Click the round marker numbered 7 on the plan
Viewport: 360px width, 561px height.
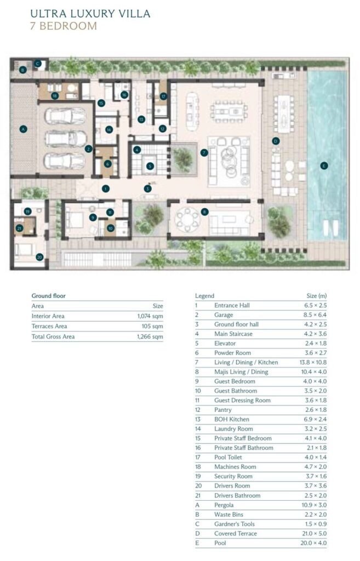[204, 153]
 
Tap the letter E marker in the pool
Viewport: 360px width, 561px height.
[324, 165]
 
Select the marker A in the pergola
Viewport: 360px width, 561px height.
[24, 129]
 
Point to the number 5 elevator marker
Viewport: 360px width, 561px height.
[150, 166]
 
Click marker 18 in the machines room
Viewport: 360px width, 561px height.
[55, 95]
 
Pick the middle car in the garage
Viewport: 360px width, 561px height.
[66, 139]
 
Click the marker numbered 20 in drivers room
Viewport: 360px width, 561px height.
[39, 256]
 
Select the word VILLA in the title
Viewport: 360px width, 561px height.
[134, 14]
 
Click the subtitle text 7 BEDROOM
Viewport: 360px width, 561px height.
[64, 26]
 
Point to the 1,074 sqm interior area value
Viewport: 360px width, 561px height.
[150, 316]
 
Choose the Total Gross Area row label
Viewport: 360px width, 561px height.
[53, 336]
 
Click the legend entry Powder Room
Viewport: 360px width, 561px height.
[233, 353]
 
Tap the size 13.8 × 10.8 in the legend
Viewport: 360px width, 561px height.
[313, 362]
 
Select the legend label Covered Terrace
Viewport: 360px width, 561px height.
[236, 534]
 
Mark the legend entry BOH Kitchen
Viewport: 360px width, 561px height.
[232, 419]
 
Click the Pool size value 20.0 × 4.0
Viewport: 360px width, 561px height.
[313, 543]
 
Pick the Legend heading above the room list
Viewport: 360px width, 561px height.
[205, 296]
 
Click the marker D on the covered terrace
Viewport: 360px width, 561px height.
[276, 141]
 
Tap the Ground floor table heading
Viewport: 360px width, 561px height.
[49, 296]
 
